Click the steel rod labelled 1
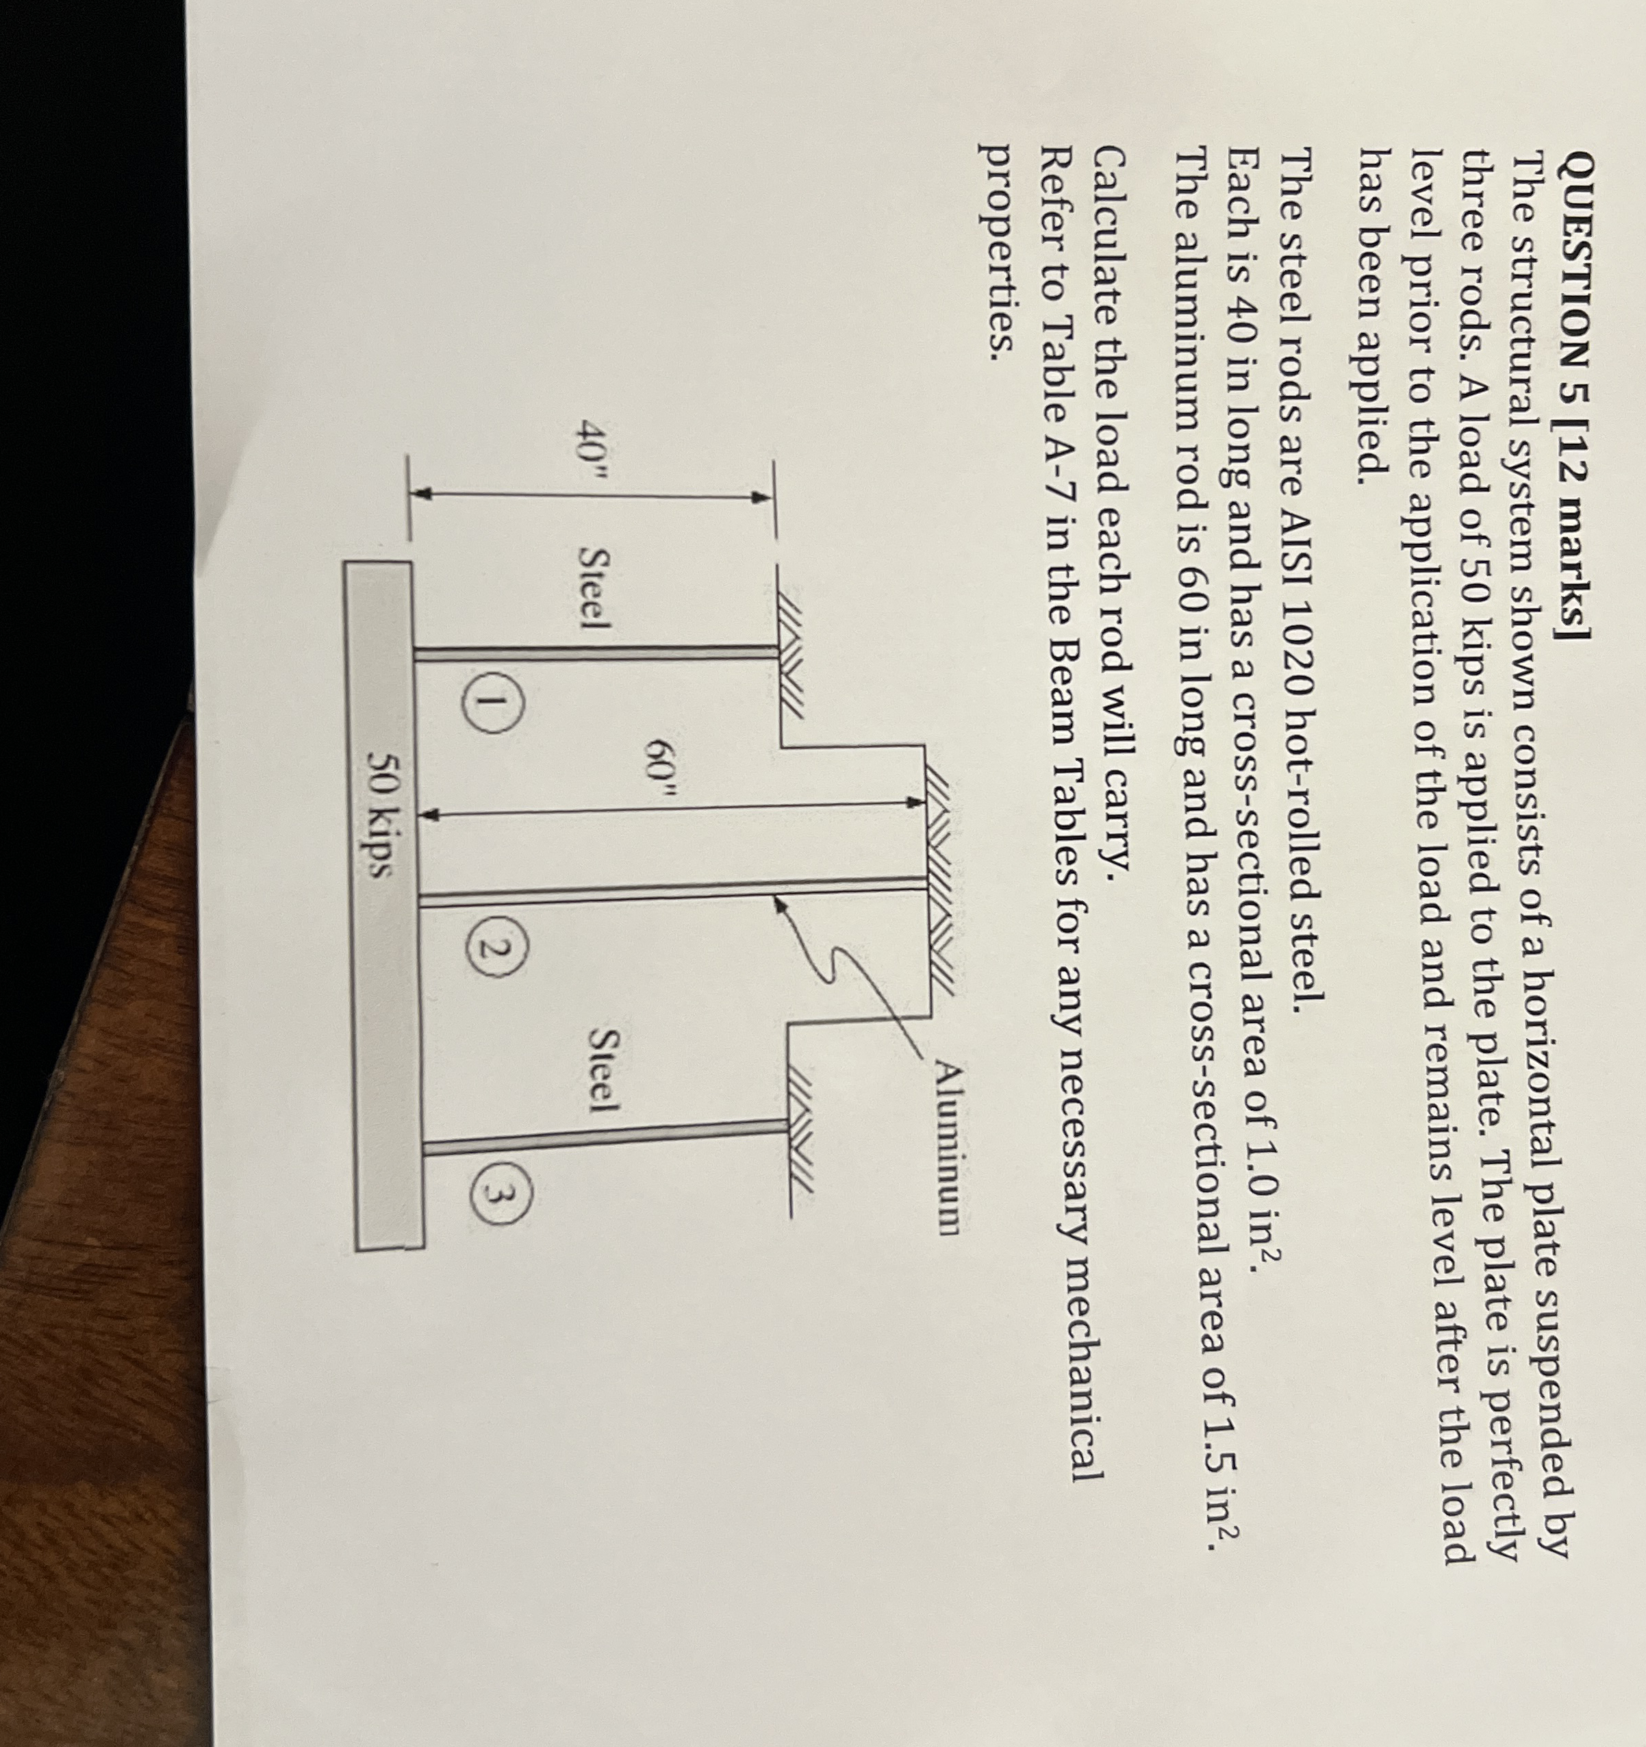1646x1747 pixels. (x=598, y=651)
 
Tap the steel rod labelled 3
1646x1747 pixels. (x=607, y=1135)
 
